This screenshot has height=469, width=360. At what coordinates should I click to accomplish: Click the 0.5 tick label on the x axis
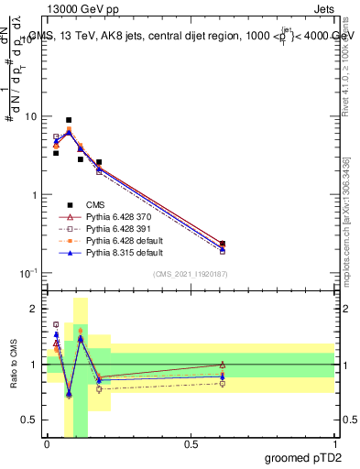click(x=191, y=444)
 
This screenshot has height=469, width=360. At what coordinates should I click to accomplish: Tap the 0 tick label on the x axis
click(x=47, y=444)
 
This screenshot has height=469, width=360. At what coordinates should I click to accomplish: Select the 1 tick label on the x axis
click(x=334, y=444)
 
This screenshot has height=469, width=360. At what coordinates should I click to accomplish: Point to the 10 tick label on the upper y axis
click(x=30, y=117)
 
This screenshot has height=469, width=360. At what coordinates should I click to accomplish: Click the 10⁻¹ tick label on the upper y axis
click(x=28, y=274)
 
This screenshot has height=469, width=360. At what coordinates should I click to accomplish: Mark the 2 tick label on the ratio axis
click(x=35, y=310)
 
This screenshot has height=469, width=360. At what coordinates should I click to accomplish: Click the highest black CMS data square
click(x=69, y=120)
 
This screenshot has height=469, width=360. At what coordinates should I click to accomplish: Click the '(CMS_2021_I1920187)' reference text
click(x=191, y=273)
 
